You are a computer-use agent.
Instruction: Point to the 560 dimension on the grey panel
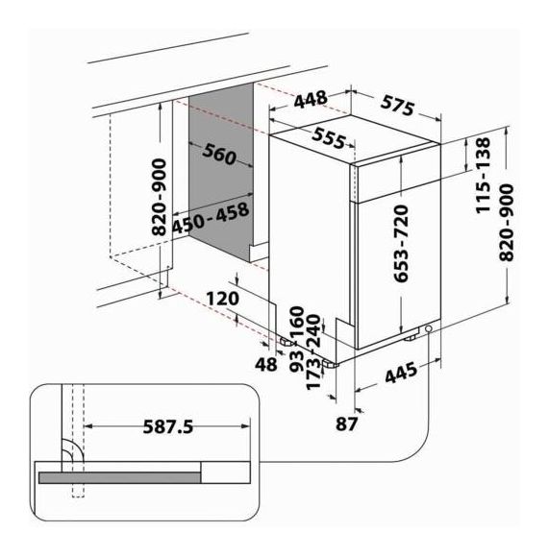click(219, 156)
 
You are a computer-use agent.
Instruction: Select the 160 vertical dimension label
click(296, 322)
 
